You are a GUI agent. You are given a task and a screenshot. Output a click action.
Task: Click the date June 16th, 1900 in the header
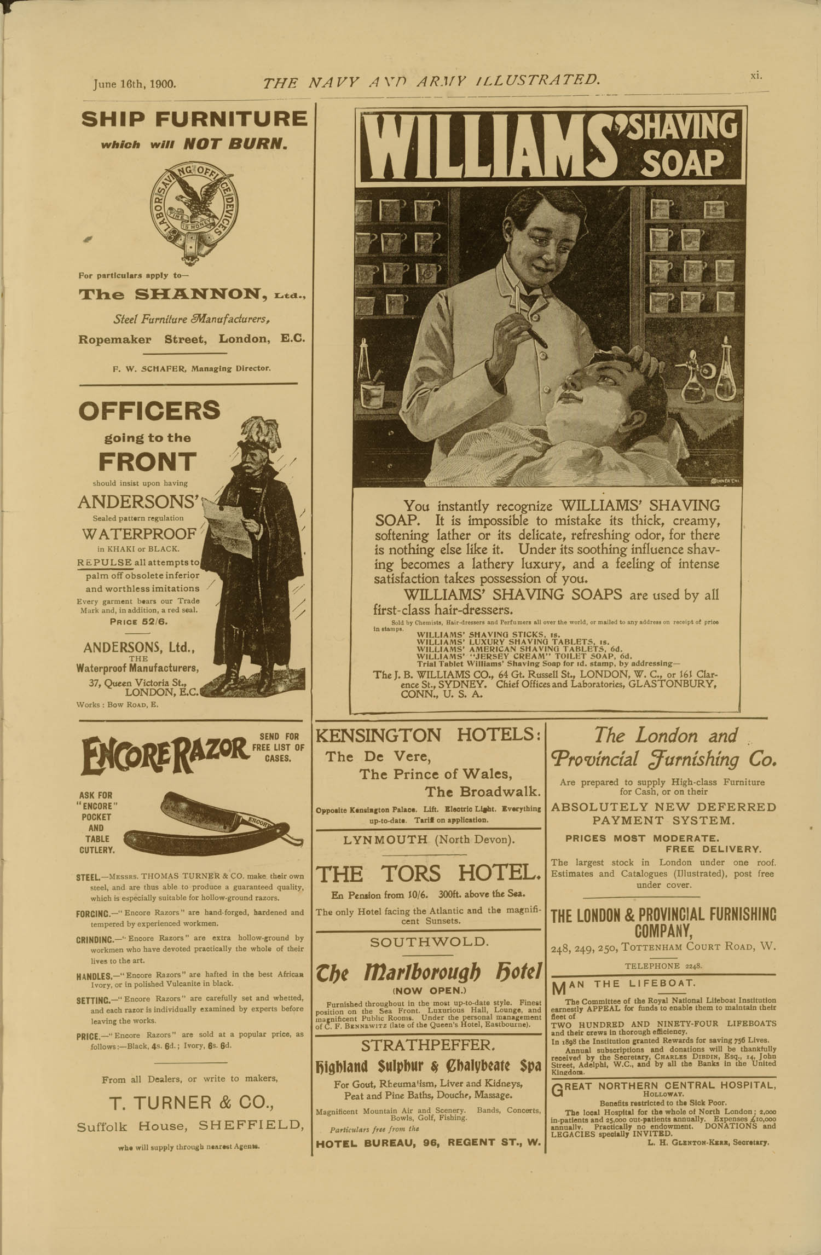tap(134, 84)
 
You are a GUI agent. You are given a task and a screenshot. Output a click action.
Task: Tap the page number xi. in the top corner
tap(756, 76)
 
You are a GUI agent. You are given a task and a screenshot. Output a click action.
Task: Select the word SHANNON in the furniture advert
tap(200, 294)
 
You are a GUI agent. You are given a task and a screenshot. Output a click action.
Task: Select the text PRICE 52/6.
tap(138, 622)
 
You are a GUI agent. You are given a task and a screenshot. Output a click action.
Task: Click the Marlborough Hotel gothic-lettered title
tap(429, 971)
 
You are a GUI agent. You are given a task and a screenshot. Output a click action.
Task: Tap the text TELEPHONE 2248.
tap(663, 966)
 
